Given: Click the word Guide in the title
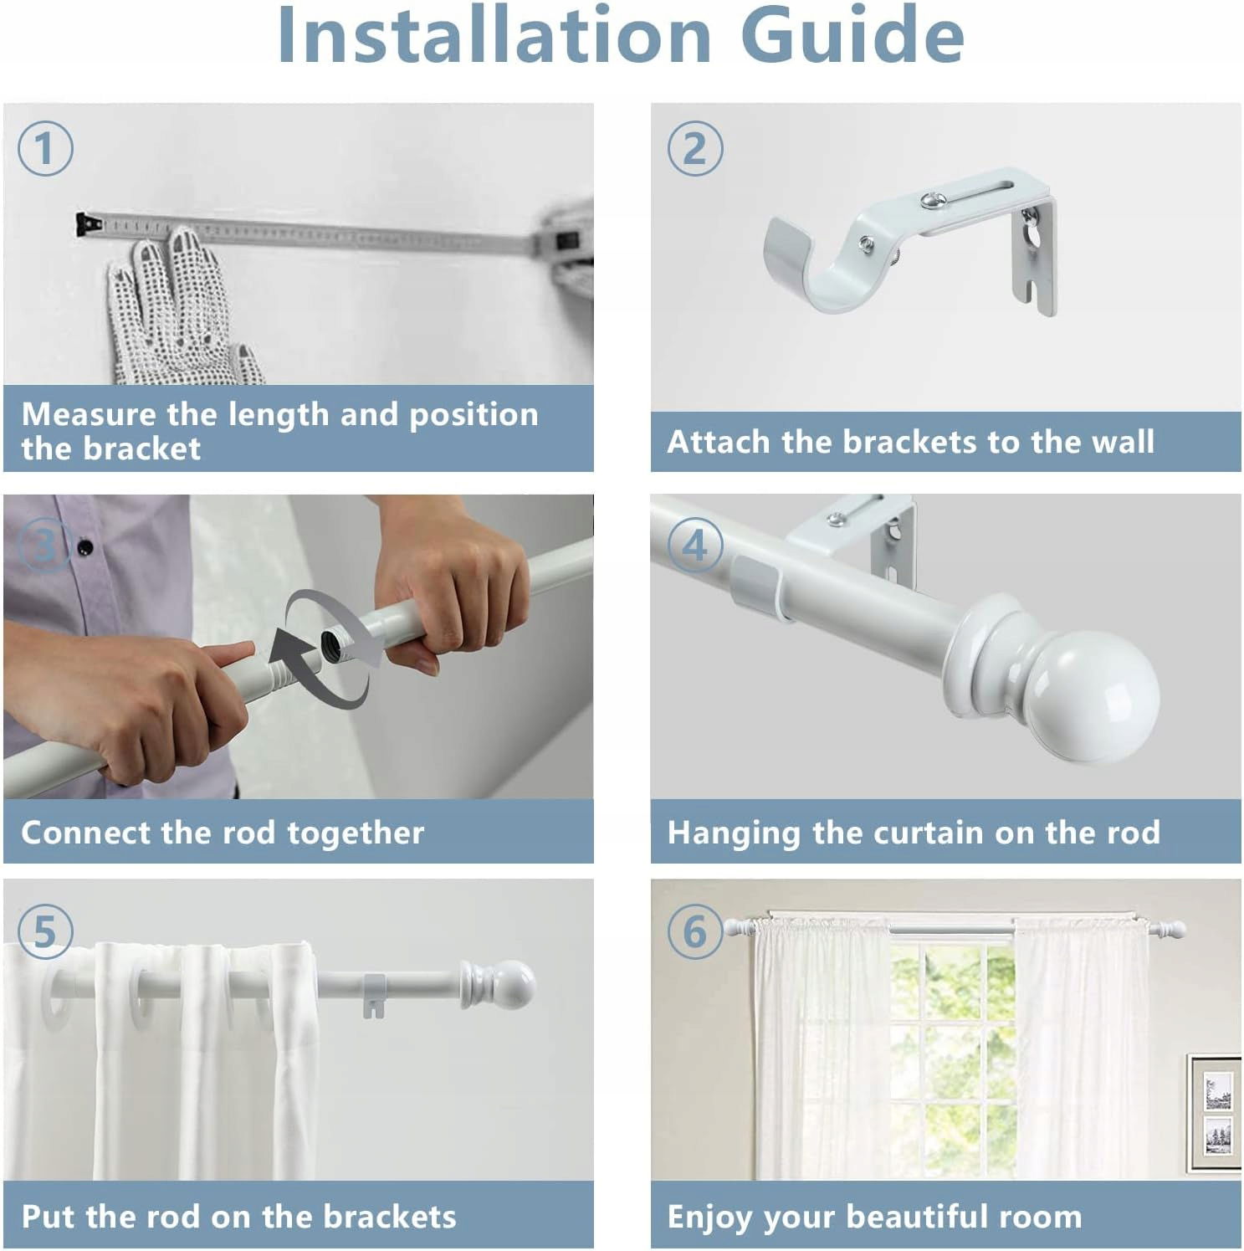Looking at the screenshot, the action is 852,35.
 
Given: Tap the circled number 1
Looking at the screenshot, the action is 45,148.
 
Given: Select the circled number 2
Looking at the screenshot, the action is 694,148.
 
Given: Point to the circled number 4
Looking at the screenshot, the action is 694,545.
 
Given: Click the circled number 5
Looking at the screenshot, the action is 45,931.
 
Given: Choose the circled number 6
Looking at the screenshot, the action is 694,931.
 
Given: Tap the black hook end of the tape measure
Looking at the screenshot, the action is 88,224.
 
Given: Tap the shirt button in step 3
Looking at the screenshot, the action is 84,548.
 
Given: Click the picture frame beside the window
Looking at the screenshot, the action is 1215,1114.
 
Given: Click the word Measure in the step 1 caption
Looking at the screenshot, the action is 89,414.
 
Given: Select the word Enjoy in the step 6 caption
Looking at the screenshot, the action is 710,1218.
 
